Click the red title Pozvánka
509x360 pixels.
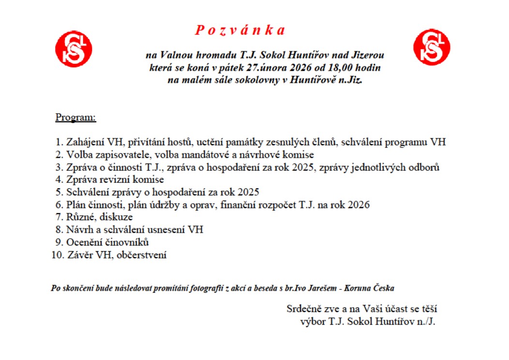coord(240,30)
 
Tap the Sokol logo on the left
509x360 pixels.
coord(74,49)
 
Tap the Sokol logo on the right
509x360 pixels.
coord(432,47)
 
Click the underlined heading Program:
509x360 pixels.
coord(75,117)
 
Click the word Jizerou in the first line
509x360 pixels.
coord(366,55)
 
